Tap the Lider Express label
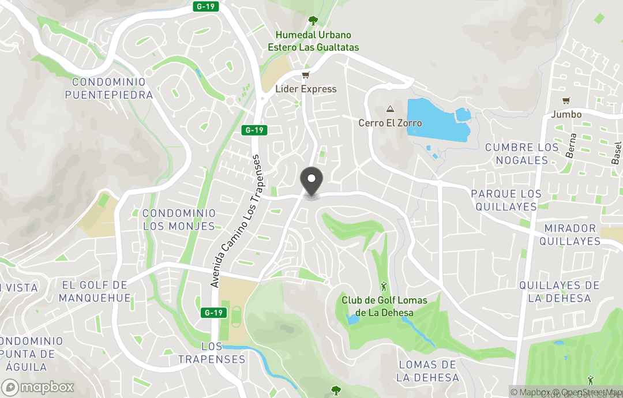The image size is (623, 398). pos(306,89)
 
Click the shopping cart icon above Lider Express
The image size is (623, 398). pos(306,76)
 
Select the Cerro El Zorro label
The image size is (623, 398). pos(390,123)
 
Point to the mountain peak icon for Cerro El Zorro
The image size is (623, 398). pos(390,109)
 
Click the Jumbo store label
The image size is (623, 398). pos(566,114)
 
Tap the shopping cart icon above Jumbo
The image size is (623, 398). pos(566,100)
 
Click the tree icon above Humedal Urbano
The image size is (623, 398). pos(313,21)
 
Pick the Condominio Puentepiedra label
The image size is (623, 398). pos(108,88)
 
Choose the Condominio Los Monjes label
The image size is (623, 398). pos(179,220)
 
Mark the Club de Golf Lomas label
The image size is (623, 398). pos(384,306)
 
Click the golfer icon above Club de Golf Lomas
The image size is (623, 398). pos(384,287)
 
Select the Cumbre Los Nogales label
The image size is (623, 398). pos(522,153)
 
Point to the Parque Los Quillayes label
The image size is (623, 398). pos(506,200)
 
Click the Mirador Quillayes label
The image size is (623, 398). pos(570,235)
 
